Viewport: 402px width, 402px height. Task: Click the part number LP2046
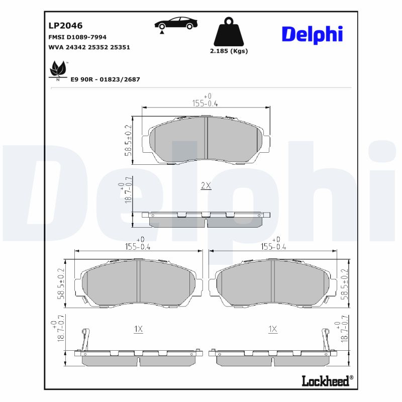tap(65, 25)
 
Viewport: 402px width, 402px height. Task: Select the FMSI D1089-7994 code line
tap(77, 37)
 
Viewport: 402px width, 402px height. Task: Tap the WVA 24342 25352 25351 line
tap(89, 47)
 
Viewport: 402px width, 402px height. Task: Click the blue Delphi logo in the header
tap(312, 34)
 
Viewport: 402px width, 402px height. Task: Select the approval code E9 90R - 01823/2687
tap(105, 79)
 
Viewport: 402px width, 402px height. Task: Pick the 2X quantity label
tap(206, 185)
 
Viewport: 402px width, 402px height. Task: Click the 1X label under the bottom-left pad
tap(139, 329)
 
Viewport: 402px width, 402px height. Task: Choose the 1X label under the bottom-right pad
tap(273, 329)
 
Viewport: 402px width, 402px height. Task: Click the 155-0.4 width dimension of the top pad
tap(206, 103)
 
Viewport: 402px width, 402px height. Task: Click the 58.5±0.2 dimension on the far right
tap(344, 284)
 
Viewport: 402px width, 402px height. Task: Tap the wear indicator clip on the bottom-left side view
tap(85, 339)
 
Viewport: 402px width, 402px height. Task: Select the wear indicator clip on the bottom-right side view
tap(325, 339)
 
